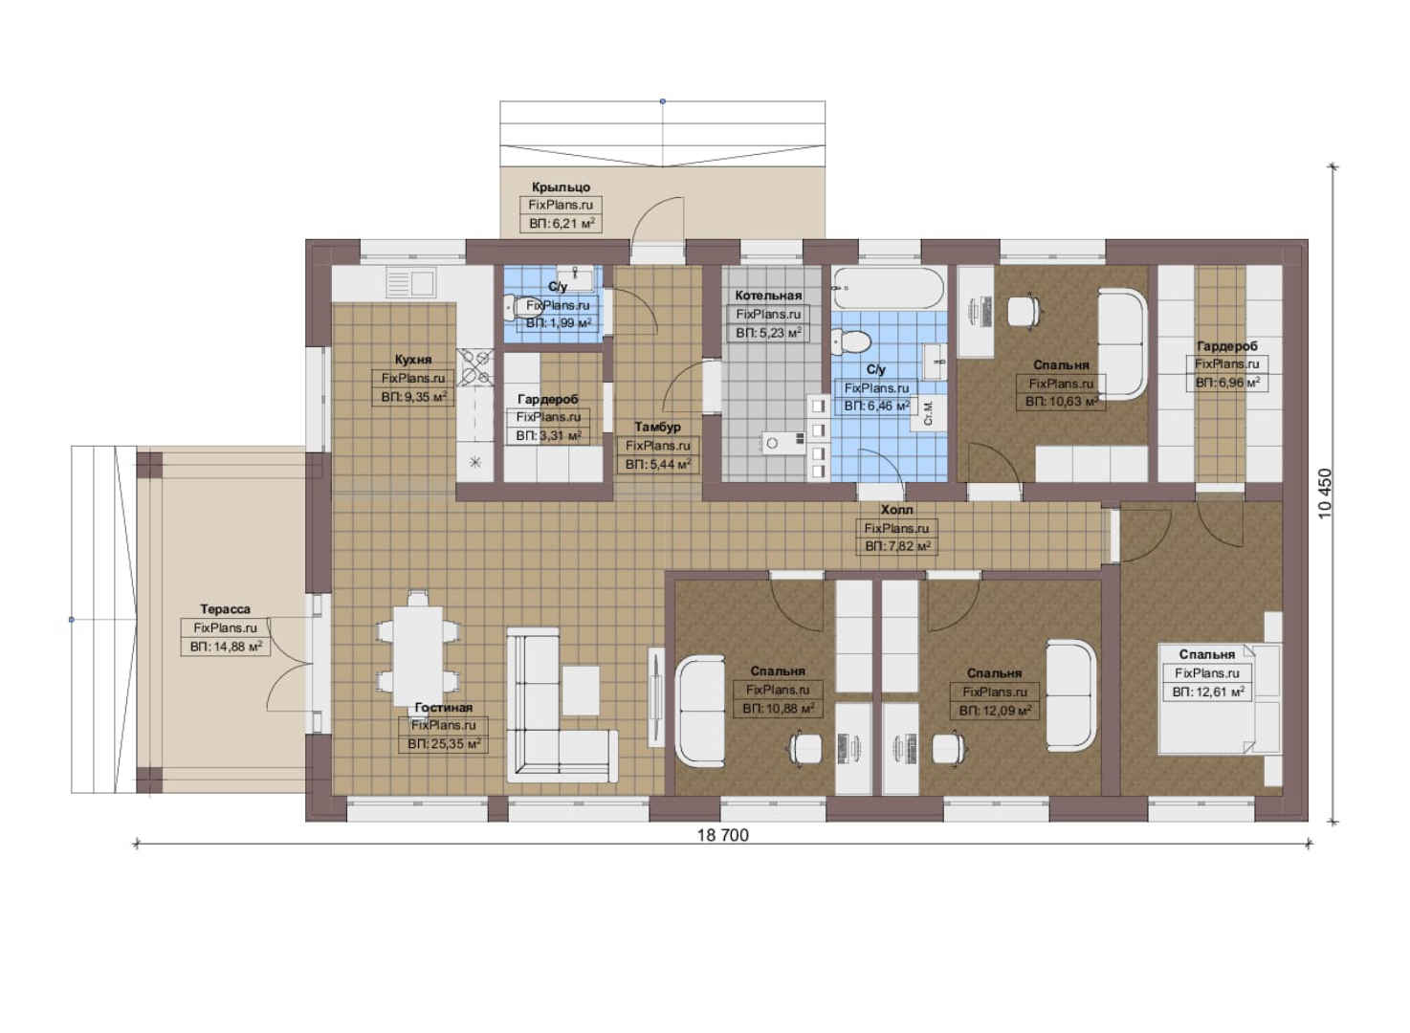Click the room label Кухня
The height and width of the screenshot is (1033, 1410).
click(413, 360)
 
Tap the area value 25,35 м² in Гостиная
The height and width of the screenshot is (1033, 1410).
click(444, 744)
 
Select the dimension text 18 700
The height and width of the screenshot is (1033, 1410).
click(722, 835)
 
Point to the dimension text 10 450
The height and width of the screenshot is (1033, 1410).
click(1325, 494)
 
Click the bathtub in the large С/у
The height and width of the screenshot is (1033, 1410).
click(888, 288)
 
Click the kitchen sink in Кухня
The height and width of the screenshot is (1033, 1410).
click(410, 282)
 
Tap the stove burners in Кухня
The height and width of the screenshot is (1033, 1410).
click(474, 367)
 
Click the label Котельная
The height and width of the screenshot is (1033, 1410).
click(768, 296)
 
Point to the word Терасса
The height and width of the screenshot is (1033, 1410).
click(225, 608)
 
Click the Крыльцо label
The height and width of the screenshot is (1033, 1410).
click(561, 187)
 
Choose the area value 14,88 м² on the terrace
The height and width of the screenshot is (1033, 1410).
click(226, 647)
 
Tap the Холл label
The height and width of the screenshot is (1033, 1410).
click(896, 509)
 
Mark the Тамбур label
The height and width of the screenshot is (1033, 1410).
click(657, 427)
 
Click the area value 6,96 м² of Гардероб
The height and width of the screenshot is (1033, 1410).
click(1227, 382)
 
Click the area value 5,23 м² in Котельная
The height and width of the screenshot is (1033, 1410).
click(768, 333)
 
